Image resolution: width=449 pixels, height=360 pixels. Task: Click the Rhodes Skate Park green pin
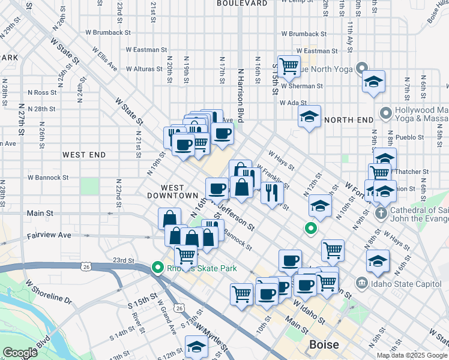(158, 268)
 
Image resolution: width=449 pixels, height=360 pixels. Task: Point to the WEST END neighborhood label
(84, 155)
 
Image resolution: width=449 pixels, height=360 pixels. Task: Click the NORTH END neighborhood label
(349, 120)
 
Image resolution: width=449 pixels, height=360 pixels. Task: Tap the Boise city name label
(324, 345)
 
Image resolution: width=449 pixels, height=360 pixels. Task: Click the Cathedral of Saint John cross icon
(379, 213)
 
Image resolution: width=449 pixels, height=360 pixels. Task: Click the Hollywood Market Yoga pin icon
(386, 112)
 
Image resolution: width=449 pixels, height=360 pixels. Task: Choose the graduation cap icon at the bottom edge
(196, 347)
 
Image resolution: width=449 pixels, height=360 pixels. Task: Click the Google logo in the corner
(19, 353)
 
